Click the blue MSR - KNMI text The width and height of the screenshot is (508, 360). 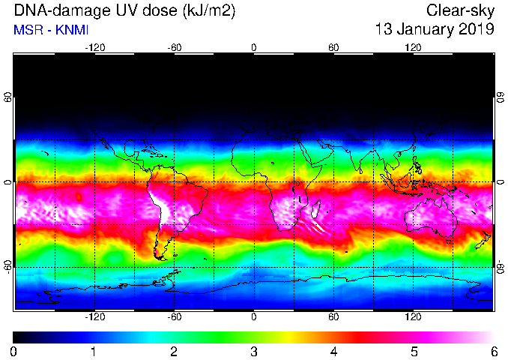(51, 31)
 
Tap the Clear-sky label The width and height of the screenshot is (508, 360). (460, 11)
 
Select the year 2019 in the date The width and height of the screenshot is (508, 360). (477, 28)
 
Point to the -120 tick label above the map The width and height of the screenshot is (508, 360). (95, 48)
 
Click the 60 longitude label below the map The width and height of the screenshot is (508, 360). (333, 316)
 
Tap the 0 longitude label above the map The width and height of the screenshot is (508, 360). (254, 48)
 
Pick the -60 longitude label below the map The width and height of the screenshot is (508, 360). (175, 316)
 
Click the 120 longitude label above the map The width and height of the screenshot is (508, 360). (413, 48)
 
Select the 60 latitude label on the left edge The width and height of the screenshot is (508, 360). (8, 97)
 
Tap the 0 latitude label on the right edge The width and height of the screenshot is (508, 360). (501, 182)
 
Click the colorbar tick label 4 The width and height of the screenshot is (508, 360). (333, 352)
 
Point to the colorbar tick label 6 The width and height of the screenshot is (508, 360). (494, 352)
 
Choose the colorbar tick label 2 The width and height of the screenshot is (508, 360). (174, 352)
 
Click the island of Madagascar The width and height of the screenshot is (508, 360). (315, 208)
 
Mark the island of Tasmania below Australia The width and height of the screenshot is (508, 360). (449, 241)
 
